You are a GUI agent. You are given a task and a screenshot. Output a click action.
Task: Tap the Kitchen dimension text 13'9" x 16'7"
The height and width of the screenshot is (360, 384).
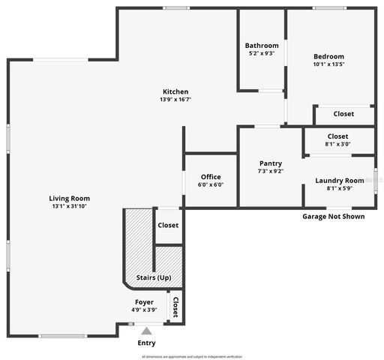click(174, 99)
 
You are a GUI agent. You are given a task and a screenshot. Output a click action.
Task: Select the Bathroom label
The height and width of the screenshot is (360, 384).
click(262, 45)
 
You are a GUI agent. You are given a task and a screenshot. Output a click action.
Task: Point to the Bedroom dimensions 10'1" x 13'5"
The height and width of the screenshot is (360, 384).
click(328, 64)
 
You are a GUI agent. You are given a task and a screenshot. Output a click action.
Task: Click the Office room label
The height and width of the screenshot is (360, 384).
click(211, 177)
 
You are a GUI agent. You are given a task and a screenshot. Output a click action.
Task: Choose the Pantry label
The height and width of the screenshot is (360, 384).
click(270, 163)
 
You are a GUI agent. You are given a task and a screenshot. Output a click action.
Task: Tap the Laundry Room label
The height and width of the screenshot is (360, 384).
click(340, 181)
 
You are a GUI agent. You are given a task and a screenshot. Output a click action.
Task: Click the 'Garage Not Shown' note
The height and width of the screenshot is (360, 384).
click(333, 217)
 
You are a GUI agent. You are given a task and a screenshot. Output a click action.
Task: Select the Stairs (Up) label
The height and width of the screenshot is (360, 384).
click(153, 277)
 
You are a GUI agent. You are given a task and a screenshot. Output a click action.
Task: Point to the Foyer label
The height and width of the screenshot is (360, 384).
click(144, 301)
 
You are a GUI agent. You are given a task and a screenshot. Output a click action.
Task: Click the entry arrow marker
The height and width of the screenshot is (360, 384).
click(146, 330)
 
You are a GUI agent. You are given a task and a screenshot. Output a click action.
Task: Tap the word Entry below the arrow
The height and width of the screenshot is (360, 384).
click(146, 343)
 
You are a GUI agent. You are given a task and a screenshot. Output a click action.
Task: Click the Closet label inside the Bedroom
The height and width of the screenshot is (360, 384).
click(343, 114)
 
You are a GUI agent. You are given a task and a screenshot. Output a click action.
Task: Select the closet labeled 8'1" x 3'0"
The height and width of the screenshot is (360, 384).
click(337, 140)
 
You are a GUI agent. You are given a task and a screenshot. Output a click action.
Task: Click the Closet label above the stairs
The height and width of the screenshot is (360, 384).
click(168, 225)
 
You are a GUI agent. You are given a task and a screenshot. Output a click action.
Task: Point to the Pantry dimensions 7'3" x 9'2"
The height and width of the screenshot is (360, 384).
click(270, 171)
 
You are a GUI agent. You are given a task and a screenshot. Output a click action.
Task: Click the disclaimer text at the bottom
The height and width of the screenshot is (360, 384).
click(191, 356)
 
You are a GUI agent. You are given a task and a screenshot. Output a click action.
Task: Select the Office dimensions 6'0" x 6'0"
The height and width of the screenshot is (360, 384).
click(211, 184)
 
